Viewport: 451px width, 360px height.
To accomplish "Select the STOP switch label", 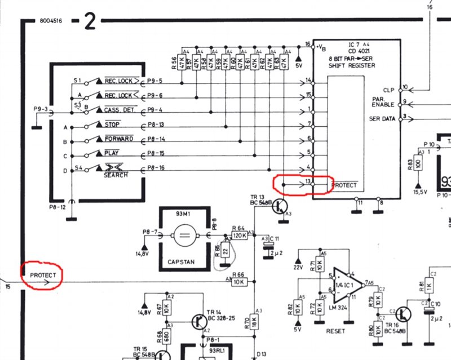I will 112,124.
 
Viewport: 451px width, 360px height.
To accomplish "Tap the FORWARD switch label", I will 118,139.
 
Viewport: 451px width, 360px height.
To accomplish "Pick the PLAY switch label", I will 112,153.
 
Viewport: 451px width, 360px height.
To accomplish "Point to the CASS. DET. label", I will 118,110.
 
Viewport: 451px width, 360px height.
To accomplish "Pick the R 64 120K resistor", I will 240,236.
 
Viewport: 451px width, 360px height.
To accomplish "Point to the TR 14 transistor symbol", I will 198,321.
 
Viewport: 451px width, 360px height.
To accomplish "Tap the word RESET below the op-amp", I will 336,331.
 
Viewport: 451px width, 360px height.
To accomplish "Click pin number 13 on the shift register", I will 308,181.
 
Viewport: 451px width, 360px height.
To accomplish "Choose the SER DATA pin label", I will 382,119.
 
